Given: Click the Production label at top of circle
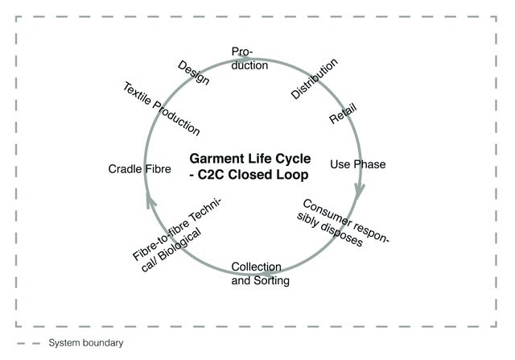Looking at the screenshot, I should pos(249,58).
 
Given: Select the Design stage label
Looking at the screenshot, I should pos(193,73).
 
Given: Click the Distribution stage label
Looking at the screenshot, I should pos(314,78).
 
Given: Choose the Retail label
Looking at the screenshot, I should pos(343,114).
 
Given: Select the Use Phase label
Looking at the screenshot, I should pos(358,164).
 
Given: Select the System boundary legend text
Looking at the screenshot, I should pos(86,343).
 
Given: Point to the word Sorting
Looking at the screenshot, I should pos(270,281).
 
